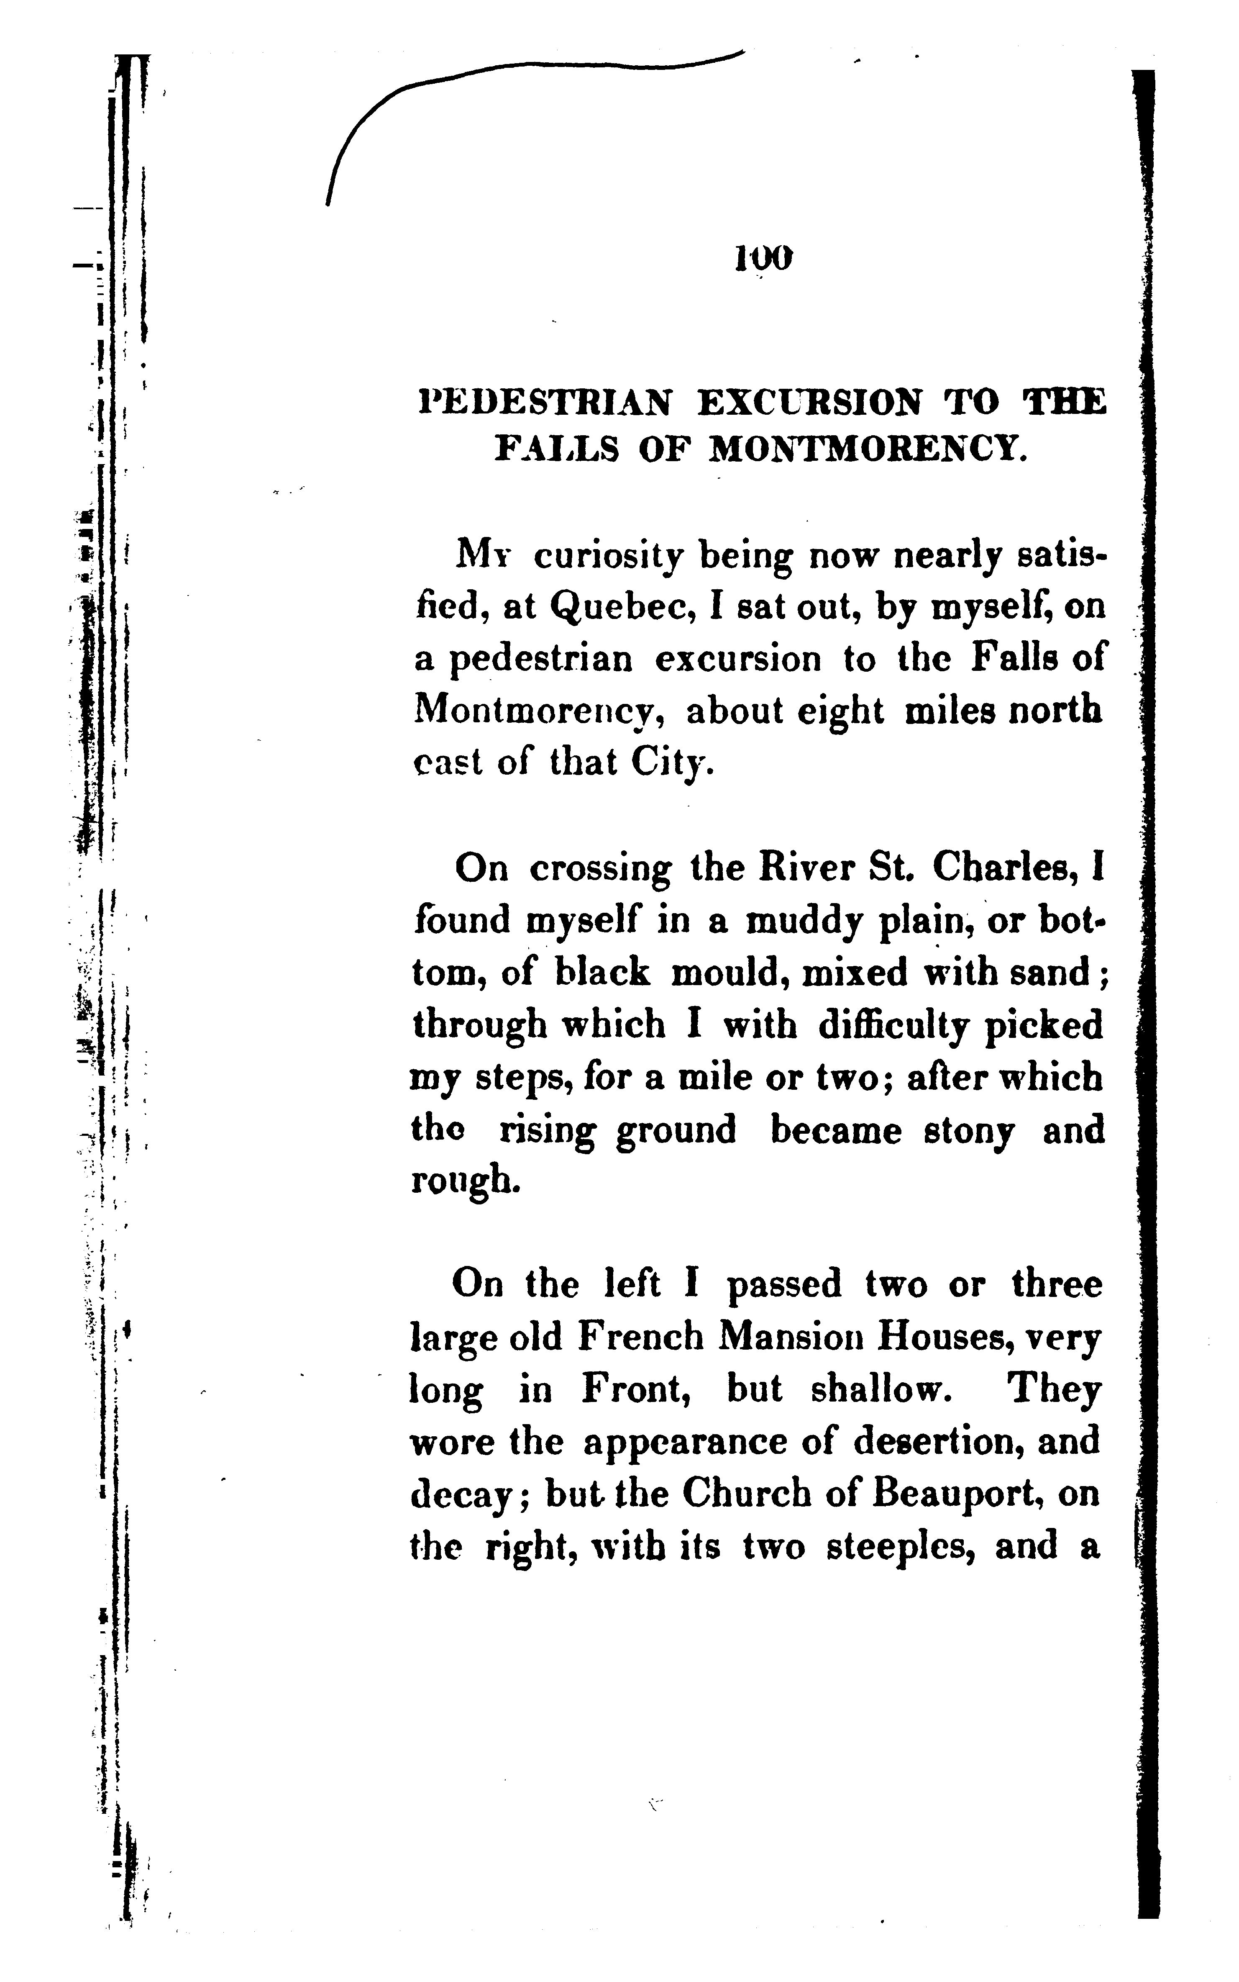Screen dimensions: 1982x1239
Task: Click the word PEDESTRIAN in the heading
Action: coord(545,403)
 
